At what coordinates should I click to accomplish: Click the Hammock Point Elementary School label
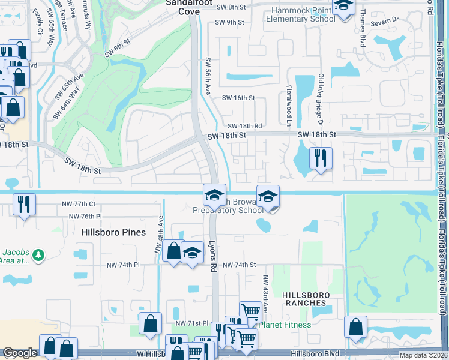[x=303, y=14]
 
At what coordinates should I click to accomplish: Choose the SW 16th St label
[x=238, y=98]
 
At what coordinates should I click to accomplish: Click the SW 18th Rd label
[x=245, y=126]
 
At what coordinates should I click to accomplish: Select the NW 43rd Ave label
[x=265, y=294]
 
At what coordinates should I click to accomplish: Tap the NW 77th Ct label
[x=78, y=204]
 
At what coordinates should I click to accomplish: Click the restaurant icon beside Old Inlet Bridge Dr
[x=320, y=158]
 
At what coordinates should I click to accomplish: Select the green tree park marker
[x=39, y=256]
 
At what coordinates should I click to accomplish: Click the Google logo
[x=20, y=353]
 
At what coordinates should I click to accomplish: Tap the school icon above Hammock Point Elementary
[x=343, y=6]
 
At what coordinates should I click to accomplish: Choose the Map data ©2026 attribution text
[x=423, y=355]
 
